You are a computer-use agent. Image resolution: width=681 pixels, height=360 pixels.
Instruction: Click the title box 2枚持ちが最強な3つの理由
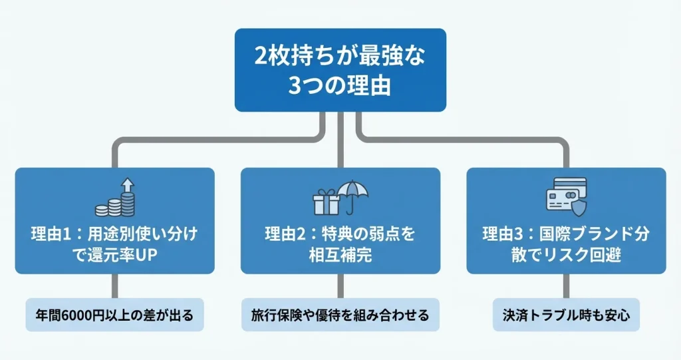[x=340, y=69]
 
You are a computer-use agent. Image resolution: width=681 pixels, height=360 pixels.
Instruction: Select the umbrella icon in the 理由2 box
[x=352, y=195]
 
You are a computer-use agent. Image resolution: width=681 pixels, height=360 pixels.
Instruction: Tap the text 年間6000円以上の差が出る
[x=114, y=315]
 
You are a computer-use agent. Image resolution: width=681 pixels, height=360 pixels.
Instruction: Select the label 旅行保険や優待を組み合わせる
[x=340, y=315]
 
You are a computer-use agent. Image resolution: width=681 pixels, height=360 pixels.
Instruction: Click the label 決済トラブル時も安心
[x=566, y=315]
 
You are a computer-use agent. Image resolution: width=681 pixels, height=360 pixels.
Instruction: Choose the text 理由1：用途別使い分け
[x=114, y=234]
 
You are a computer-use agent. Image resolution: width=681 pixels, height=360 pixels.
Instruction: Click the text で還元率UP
[x=114, y=255]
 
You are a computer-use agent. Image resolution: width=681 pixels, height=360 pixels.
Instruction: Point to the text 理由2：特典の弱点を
[x=340, y=234]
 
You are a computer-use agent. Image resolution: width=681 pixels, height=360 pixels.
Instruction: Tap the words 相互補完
[x=340, y=255]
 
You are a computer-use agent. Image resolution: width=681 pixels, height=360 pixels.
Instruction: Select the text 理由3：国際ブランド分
[x=566, y=234]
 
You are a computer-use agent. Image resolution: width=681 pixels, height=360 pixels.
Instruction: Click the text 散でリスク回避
[x=566, y=255]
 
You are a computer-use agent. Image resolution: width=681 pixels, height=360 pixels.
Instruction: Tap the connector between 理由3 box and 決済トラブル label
[x=567, y=286]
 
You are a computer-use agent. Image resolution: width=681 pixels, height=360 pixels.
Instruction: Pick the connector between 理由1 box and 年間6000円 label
[x=115, y=286]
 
